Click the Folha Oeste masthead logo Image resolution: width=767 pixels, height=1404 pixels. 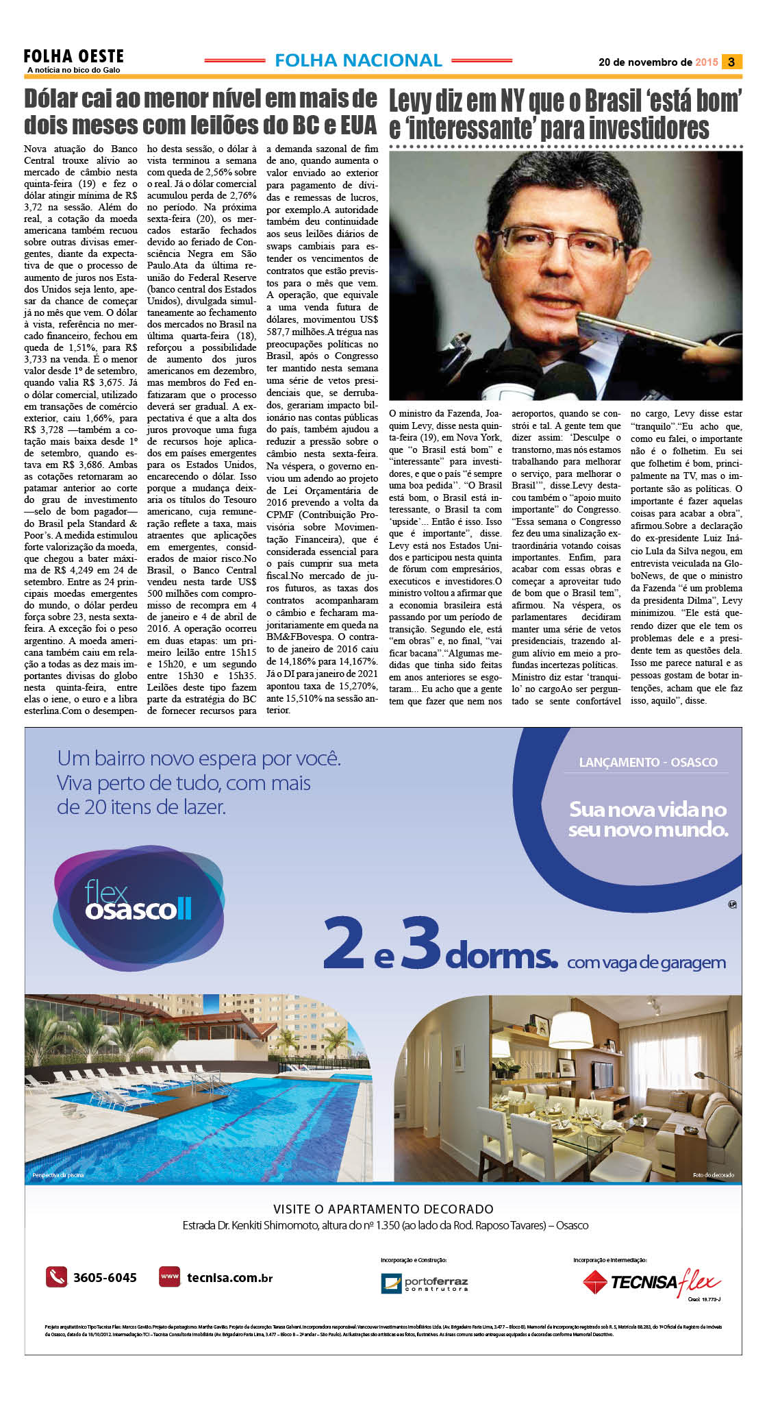click(x=73, y=60)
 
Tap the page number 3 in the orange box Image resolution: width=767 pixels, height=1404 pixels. click(x=731, y=62)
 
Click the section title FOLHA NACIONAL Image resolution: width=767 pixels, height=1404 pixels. click(x=358, y=60)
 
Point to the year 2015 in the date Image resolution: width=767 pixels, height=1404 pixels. click(x=706, y=62)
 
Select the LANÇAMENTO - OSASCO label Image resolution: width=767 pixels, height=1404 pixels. click(x=648, y=762)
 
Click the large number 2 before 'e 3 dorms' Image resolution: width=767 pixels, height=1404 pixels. click(x=344, y=944)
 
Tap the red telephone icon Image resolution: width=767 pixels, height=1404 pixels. click(x=56, y=1277)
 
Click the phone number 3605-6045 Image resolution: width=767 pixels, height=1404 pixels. click(x=105, y=1278)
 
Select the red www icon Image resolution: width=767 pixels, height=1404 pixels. click(x=169, y=1277)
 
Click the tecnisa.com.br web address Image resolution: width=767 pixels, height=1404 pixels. click(x=229, y=1278)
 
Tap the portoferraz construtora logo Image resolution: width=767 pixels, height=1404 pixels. click(x=425, y=1283)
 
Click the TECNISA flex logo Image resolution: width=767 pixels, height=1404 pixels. click(x=651, y=1281)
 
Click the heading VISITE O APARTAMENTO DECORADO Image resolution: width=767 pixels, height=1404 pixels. click(x=383, y=1209)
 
